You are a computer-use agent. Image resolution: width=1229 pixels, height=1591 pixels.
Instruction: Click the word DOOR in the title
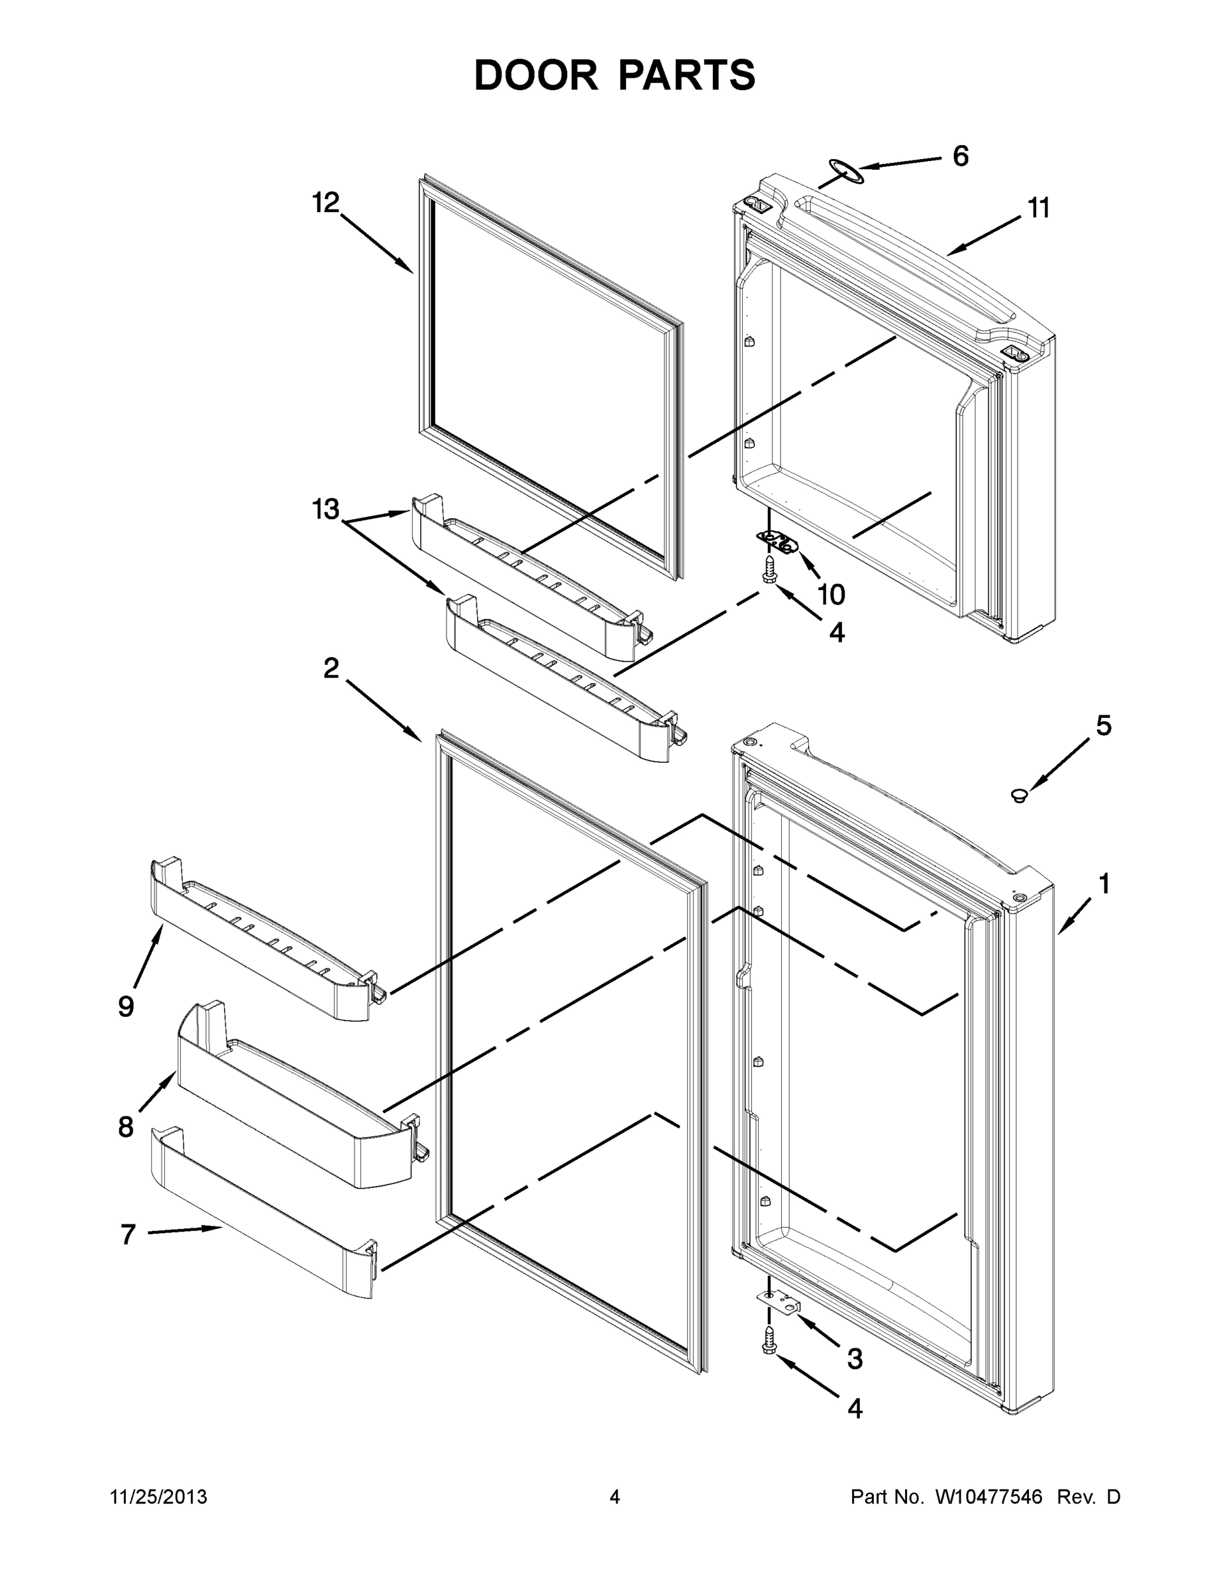(535, 75)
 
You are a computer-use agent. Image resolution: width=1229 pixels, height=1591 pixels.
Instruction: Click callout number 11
(1039, 208)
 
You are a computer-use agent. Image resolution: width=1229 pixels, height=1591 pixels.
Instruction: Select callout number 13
(326, 509)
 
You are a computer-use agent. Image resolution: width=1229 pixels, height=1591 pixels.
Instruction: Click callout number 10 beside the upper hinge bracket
(831, 595)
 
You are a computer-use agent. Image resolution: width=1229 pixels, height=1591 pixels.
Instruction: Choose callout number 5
(1104, 726)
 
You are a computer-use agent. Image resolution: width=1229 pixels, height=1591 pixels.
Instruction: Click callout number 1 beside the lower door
(1104, 884)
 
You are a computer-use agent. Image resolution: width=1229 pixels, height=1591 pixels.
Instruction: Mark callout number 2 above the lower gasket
(332, 668)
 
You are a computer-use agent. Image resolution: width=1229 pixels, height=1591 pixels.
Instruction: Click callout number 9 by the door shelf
(126, 1007)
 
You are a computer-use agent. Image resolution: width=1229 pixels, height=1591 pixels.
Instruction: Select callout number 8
(126, 1127)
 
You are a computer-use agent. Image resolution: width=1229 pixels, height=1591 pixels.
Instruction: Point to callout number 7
(128, 1234)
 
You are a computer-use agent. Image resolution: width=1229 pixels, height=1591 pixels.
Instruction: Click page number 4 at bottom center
(615, 1497)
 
